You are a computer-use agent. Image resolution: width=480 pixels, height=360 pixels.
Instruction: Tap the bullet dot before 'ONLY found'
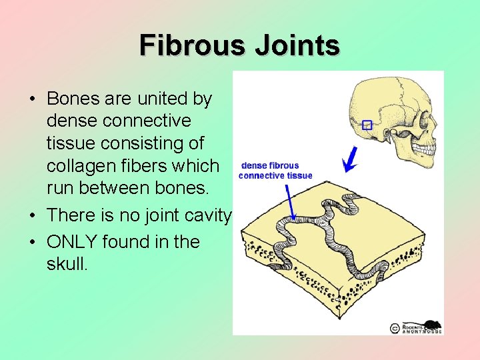(32, 242)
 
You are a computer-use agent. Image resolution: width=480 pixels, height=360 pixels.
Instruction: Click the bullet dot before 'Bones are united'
(32, 99)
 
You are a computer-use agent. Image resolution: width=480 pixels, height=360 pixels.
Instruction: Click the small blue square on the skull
(366, 125)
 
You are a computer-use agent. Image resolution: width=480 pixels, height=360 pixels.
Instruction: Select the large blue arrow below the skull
(348, 159)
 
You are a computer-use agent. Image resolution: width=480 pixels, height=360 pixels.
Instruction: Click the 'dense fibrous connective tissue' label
(275, 171)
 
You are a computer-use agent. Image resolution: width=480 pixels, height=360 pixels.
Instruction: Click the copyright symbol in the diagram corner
(394, 328)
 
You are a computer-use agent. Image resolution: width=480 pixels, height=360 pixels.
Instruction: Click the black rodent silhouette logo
(433, 325)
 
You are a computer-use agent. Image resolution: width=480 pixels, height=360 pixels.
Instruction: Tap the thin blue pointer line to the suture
(290, 201)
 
